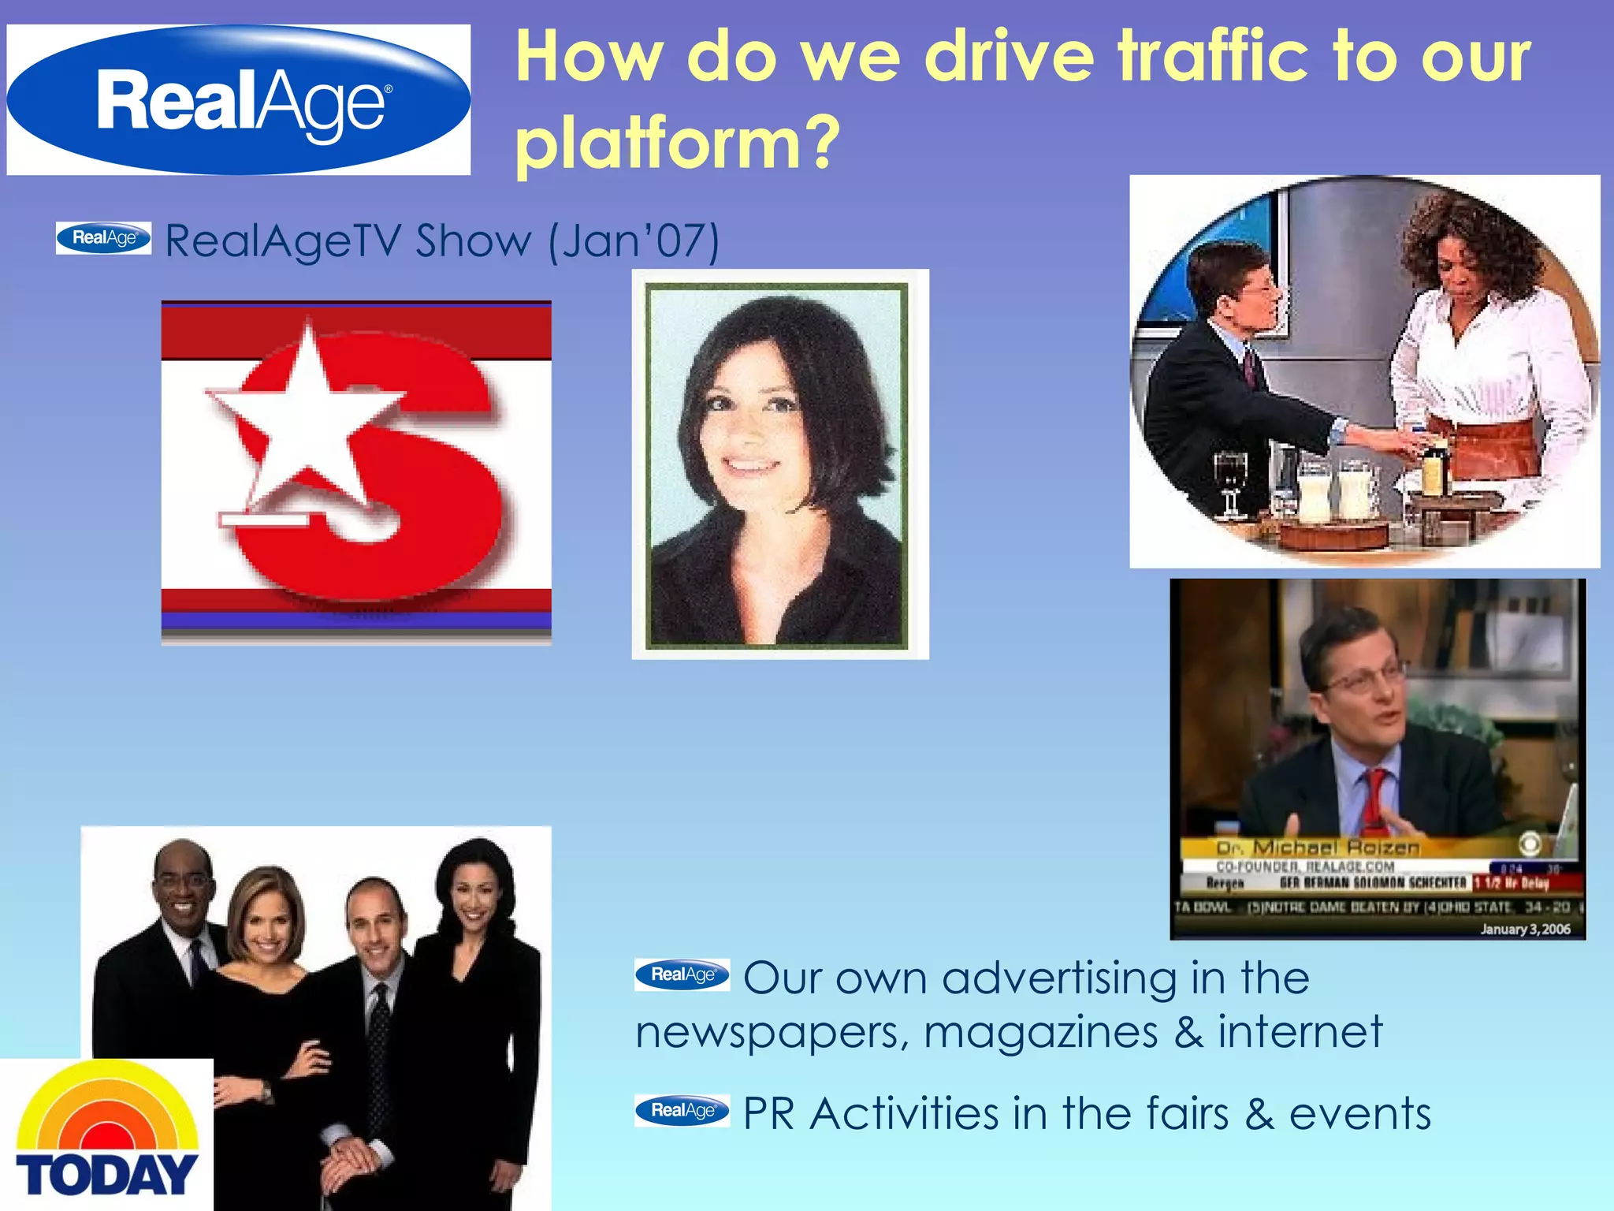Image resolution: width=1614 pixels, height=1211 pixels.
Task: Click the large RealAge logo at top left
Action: [x=239, y=100]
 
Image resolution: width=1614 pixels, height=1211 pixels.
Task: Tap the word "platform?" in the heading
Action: [x=678, y=143]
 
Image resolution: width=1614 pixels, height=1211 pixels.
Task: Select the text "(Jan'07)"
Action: [x=634, y=241]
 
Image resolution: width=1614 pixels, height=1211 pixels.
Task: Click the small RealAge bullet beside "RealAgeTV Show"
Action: [x=103, y=238]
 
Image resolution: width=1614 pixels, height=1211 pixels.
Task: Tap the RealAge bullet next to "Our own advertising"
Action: [x=682, y=974]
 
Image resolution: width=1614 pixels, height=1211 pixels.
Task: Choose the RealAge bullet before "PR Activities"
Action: [x=682, y=1110]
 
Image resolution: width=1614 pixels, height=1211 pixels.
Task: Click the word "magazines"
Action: [x=1040, y=1033]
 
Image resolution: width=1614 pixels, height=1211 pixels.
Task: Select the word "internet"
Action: [x=1300, y=1031]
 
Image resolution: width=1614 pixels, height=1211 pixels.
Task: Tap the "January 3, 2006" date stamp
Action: [x=1525, y=930]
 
